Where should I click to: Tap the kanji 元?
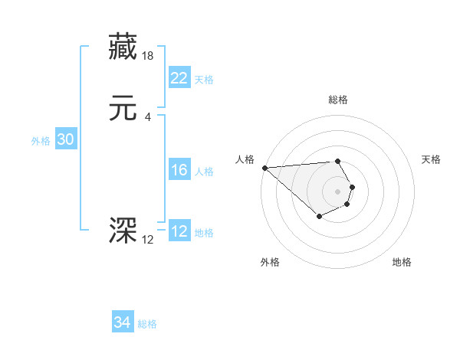coord(123,109)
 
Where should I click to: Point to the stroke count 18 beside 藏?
coord(148,56)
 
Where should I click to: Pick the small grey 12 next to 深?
coord(147,240)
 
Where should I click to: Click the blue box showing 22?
coord(179,78)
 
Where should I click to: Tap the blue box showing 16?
coord(179,170)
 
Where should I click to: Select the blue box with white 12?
coord(179,231)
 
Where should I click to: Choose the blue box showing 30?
coord(65,139)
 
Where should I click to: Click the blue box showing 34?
coord(122,322)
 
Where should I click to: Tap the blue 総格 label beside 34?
coord(147,324)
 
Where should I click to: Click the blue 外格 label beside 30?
coord(41,141)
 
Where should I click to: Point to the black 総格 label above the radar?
coord(338,100)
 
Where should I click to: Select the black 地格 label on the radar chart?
coord(402,262)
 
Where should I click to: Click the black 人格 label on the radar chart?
coord(245,159)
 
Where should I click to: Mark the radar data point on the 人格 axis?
coord(264,168)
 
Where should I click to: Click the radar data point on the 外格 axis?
coord(319,217)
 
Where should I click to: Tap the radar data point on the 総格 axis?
coord(337,161)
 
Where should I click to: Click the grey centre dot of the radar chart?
coord(337,191)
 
